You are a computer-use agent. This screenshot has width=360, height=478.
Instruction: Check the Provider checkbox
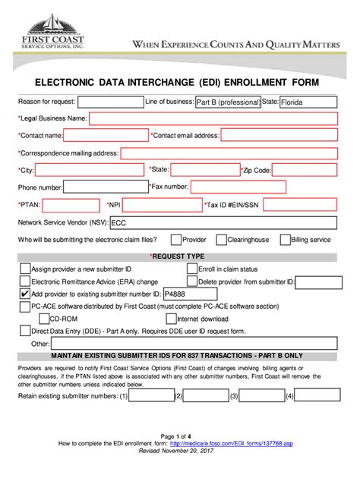click(175, 240)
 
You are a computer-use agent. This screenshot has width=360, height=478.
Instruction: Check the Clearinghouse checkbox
click(221, 240)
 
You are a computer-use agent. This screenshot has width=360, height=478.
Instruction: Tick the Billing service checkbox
click(284, 240)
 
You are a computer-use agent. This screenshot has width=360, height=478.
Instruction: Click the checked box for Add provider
click(25, 294)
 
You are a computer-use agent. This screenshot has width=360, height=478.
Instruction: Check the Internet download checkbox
click(170, 319)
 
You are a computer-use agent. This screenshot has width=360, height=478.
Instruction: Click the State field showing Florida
click(308, 102)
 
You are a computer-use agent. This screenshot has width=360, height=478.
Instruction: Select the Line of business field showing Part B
click(226, 102)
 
